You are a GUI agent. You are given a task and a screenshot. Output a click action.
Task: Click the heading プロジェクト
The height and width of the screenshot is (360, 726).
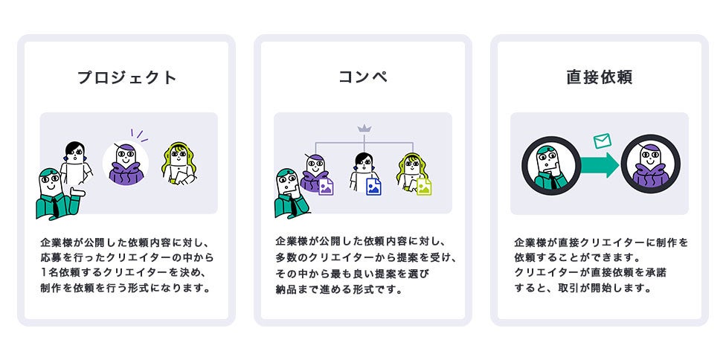(126, 77)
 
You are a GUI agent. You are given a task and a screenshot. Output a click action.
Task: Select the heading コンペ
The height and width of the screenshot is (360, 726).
(362, 77)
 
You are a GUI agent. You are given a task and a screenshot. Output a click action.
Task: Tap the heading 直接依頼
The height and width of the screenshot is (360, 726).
(599, 77)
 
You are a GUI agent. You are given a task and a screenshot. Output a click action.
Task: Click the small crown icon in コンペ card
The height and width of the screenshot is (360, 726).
(364, 129)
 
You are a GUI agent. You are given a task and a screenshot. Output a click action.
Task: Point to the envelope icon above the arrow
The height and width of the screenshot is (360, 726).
(602, 141)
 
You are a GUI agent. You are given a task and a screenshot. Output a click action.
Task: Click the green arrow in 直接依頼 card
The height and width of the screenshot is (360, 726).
(600, 165)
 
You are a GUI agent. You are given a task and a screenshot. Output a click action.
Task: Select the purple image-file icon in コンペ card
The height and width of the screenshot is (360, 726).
(326, 186)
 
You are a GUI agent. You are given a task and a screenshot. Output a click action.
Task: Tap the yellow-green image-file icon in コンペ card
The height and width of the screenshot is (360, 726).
(424, 186)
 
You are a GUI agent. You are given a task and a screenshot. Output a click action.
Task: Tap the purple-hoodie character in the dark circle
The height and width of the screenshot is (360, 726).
(651, 165)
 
